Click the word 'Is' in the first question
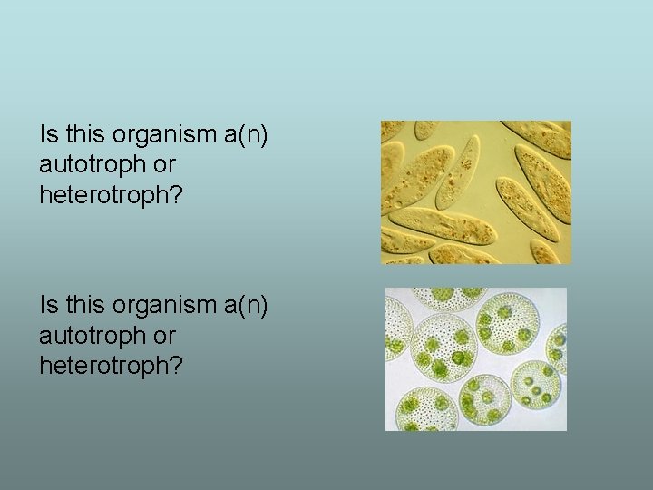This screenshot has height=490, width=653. tap(48, 135)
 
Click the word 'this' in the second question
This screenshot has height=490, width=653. tap(85, 306)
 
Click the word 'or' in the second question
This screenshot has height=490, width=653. tap(165, 336)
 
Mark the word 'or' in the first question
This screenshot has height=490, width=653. tap(165, 165)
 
